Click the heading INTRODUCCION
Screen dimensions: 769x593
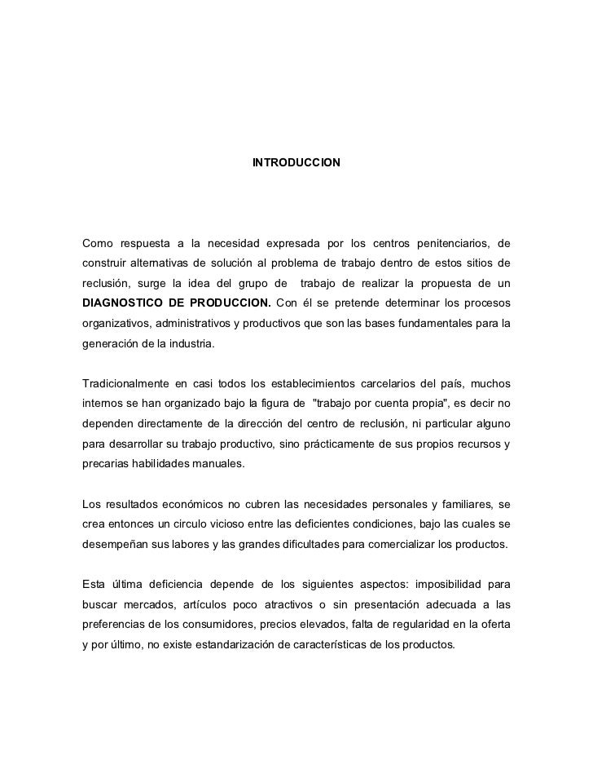coord(296,164)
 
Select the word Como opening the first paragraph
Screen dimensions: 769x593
coord(99,243)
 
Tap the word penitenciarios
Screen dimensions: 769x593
coord(450,243)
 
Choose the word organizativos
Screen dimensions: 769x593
coord(116,324)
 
